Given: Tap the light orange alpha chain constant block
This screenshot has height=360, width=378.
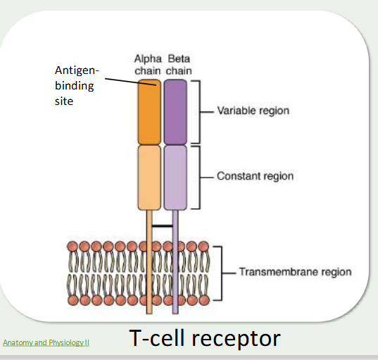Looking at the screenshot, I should click(149, 177).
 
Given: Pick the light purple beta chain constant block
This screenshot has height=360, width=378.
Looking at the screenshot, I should click(175, 177).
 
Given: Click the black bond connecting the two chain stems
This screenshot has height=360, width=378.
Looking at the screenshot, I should click(163, 226).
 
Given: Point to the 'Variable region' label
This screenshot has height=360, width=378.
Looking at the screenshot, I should click(253, 111).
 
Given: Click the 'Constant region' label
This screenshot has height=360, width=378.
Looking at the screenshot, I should click(255, 176).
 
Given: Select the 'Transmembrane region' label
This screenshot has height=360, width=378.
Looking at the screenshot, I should click(295, 272).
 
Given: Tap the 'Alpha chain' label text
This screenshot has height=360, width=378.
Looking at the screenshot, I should click(149, 64).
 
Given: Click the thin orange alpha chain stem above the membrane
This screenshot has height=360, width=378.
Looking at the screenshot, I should click(149, 225).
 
